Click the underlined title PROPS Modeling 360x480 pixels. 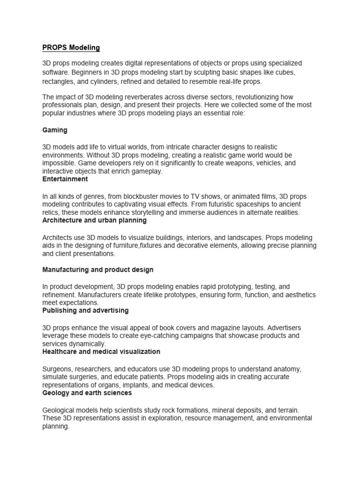(x=71, y=48)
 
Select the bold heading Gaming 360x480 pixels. (x=55, y=130)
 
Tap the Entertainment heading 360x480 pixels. (x=65, y=179)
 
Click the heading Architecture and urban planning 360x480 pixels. (x=95, y=220)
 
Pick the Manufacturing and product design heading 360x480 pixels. (x=98, y=270)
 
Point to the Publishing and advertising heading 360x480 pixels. (x=85, y=310)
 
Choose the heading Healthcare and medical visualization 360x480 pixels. (x=101, y=351)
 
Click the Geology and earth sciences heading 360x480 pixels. (x=87, y=393)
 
